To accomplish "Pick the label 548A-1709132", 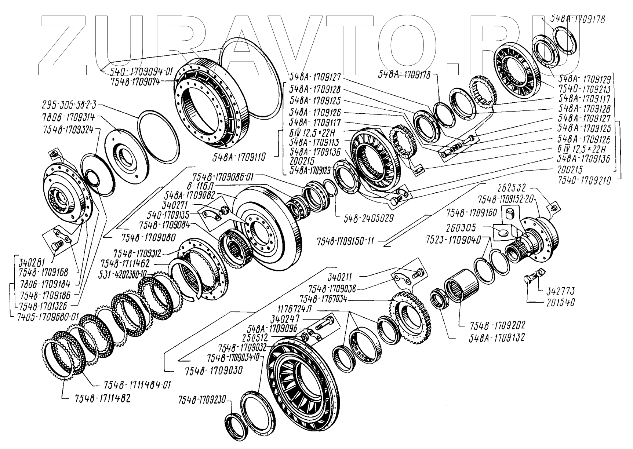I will (x=496, y=337).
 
